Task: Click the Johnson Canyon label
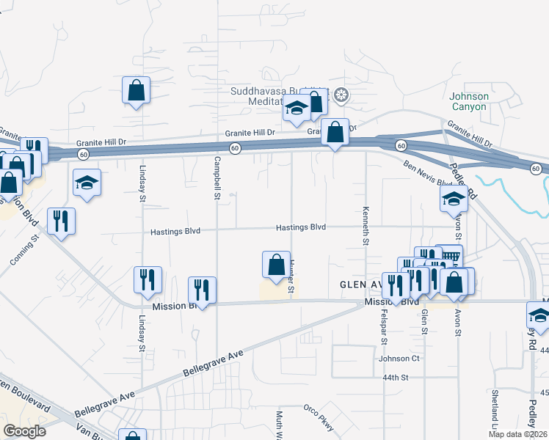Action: tap(468, 100)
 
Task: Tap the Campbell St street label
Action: tap(217, 178)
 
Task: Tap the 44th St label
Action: tap(394, 378)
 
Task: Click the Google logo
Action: tap(25, 431)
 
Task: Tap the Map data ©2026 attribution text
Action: tap(516, 434)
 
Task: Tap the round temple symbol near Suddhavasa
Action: tap(341, 95)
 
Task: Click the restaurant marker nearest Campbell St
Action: tap(201, 290)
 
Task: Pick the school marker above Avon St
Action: tap(454, 198)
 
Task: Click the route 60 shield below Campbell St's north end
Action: tap(234, 148)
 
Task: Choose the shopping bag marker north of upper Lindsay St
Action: tap(136, 91)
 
